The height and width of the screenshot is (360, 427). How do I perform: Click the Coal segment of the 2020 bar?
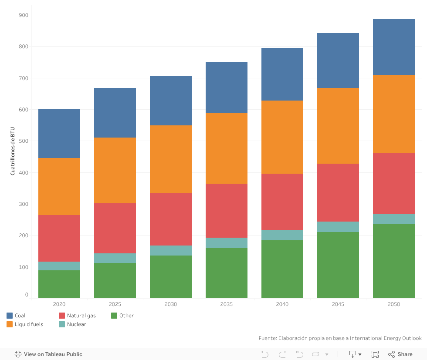coord(59,133)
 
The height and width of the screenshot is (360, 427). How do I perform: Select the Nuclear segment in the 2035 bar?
coord(227,243)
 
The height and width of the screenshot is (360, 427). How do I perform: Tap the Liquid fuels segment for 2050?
coord(394,114)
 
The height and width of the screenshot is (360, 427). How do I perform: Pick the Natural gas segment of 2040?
coord(282,202)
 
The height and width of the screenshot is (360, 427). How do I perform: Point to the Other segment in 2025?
coord(115,280)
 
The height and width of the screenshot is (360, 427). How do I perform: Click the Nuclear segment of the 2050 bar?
coord(394,219)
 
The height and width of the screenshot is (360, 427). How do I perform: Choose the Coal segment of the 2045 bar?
coord(338,61)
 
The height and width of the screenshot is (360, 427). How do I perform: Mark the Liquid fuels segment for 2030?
coord(171,159)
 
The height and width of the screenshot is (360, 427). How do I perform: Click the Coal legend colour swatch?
coord(10,316)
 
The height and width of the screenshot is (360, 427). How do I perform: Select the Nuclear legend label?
coord(77,324)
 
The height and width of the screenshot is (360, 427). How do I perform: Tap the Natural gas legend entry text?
coord(81,316)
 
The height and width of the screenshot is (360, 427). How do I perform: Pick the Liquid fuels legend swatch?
coord(10,324)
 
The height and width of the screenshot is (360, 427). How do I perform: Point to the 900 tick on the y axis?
coord(24,15)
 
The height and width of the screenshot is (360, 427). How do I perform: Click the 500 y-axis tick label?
coord(24,141)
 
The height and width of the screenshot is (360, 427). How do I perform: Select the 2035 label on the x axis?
coord(227,304)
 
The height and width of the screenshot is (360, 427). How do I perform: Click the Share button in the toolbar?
coord(400,354)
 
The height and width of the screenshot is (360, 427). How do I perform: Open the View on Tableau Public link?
coord(48,354)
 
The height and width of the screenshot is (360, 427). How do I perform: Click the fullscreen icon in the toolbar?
coord(375,354)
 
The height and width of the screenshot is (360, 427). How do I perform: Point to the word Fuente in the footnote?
coord(268,338)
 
